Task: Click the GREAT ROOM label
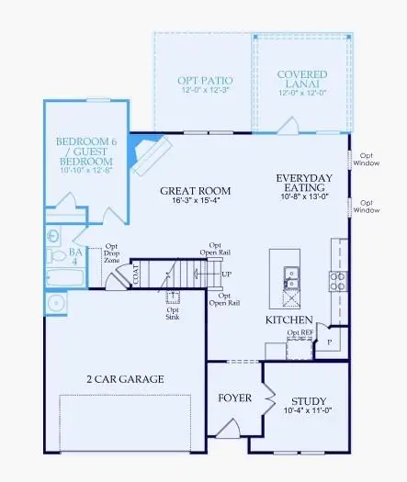pos(195,192)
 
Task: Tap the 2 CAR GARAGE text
pos(125,379)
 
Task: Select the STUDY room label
pos(308,401)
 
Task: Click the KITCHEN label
pos(284,319)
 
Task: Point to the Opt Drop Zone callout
pos(111,253)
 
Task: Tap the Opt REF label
pos(300,332)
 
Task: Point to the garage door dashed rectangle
pos(125,423)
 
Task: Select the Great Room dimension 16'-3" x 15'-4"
pos(195,204)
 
